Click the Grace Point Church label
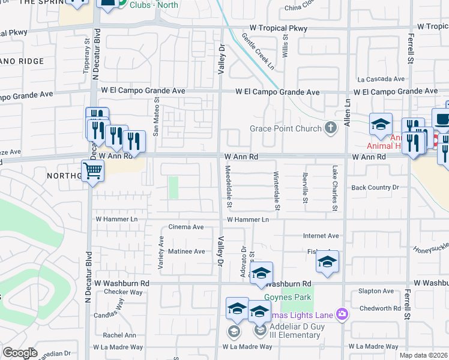tap(286, 128)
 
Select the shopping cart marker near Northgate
tap(93, 172)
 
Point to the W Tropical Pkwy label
tap(279, 28)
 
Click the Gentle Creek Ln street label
tap(258, 51)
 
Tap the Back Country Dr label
tap(375, 188)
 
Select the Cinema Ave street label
tap(186, 227)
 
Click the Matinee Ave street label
tap(186, 251)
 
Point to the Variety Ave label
tap(161, 253)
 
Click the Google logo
tap(20, 353)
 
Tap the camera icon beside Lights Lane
tap(342, 313)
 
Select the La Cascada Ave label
tap(381, 79)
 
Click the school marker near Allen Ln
tap(381, 124)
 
